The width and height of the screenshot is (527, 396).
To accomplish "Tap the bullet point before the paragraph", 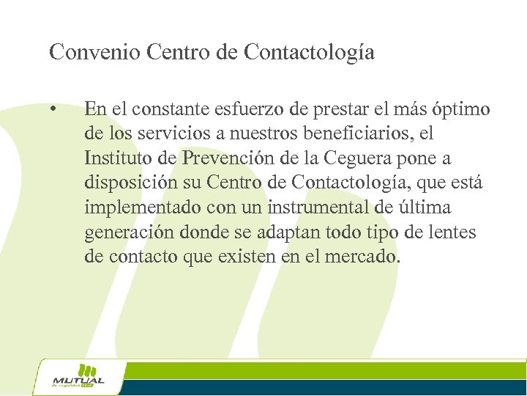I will point(53,110).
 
